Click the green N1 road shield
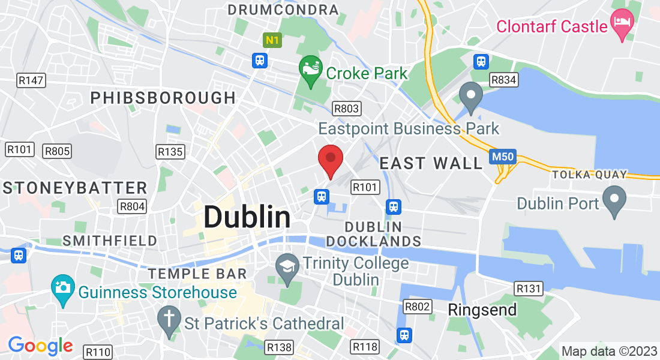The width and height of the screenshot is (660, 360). (272, 40)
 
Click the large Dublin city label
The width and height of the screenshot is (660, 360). (247, 217)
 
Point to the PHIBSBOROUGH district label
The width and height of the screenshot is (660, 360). (163, 98)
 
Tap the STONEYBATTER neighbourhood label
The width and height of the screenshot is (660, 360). (75, 188)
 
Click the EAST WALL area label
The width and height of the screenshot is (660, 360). (431, 163)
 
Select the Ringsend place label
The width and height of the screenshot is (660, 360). (482, 310)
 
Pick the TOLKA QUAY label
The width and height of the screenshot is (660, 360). (589, 175)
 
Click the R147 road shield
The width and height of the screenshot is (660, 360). (31, 80)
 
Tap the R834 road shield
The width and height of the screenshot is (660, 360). (503, 80)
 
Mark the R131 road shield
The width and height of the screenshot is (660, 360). (529, 289)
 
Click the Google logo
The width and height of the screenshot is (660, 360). (40, 346)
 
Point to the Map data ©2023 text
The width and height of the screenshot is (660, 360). (608, 351)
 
